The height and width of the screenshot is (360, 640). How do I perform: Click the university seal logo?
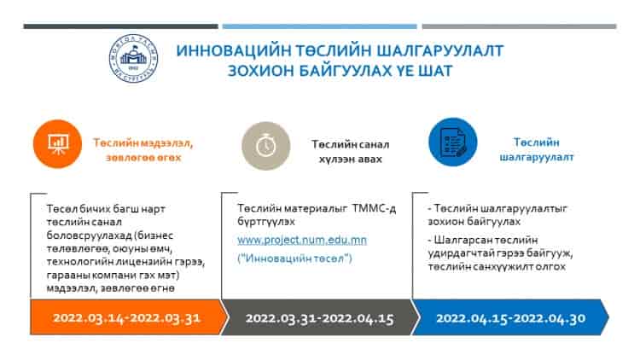(x=133, y=58)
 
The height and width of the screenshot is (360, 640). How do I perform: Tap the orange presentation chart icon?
(x=57, y=143)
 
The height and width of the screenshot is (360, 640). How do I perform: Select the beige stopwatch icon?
(x=265, y=146)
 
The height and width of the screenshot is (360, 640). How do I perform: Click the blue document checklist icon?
(x=452, y=142)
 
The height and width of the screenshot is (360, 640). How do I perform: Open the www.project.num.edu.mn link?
(x=302, y=240)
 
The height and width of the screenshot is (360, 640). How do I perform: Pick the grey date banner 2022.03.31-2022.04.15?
(x=320, y=317)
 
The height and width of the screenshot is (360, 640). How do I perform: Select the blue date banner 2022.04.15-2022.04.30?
(x=510, y=317)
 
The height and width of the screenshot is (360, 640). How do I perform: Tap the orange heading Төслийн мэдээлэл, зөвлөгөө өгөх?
(x=143, y=150)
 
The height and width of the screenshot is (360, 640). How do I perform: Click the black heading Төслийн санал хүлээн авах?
(x=350, y=152)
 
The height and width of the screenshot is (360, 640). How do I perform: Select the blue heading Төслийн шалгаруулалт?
(x=537, y=149)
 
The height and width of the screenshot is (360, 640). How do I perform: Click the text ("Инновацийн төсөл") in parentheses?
(x=294, y=258)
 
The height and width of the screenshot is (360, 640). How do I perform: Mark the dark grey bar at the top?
(x=121, y=26)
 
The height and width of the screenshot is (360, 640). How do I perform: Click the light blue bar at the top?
(x=320, y=26)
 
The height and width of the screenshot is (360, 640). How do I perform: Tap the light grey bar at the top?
(x=519, y=26)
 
